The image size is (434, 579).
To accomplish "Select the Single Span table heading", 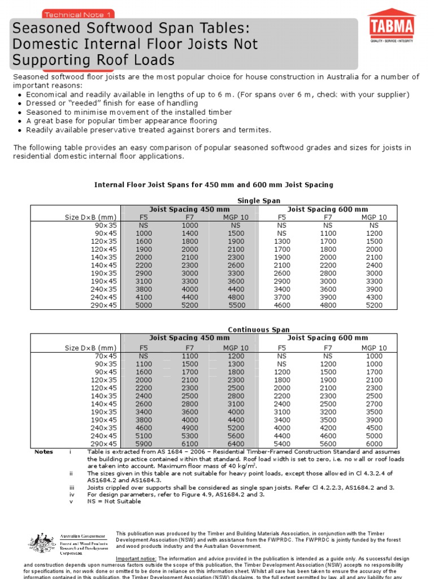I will pos(259,201).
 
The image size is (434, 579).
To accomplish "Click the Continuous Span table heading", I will pos(259,330).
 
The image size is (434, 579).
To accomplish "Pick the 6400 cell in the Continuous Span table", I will pos(236,444).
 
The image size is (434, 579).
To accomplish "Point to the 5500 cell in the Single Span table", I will pos(237,305).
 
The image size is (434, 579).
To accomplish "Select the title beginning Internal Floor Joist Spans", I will pos(214,185).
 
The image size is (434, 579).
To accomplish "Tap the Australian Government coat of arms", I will pos(42,543).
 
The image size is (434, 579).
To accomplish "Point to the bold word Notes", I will pos(44,452).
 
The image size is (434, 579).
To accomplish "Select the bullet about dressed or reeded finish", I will pos(112,103).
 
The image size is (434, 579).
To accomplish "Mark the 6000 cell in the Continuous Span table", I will pos(374,444).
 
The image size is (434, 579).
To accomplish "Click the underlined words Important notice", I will pos(133,558).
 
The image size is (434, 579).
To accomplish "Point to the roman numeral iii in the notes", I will pos(71,487).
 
